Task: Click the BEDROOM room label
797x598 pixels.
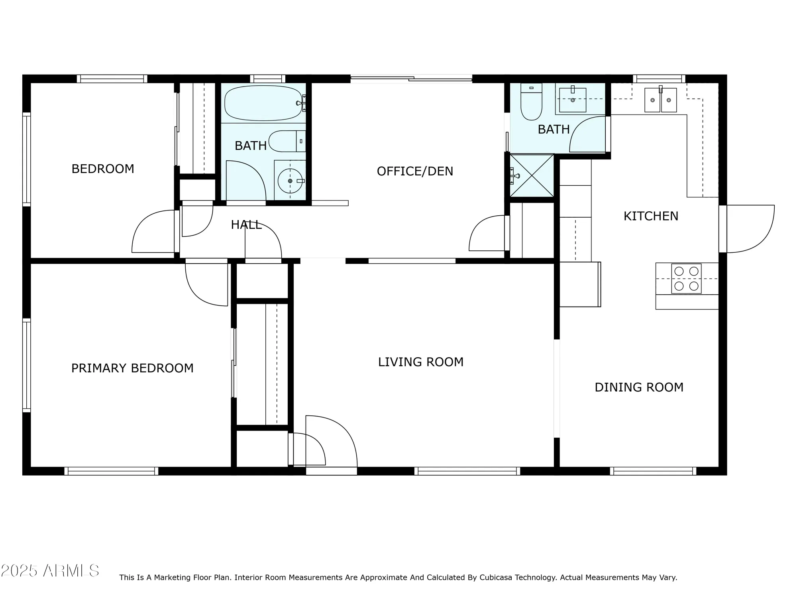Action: point(103,169)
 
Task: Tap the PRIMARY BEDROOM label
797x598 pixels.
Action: point(132,368)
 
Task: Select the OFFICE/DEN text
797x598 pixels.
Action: point(415,171)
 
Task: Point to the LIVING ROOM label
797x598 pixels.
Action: point(421,362)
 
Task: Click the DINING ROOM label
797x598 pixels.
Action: point(639,388)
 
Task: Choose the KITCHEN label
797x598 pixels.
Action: point(651,216)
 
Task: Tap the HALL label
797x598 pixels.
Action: point(246,225)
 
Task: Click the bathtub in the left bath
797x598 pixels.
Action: point(263,103)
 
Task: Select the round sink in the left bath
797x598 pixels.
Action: point(290,181)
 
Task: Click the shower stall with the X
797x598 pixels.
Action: point(532,176)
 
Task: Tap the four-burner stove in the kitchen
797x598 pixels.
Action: point(686,279)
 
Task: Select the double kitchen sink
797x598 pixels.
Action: point(660,100)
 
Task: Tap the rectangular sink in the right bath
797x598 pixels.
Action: point(573,100)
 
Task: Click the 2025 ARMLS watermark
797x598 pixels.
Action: point(50,571)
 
